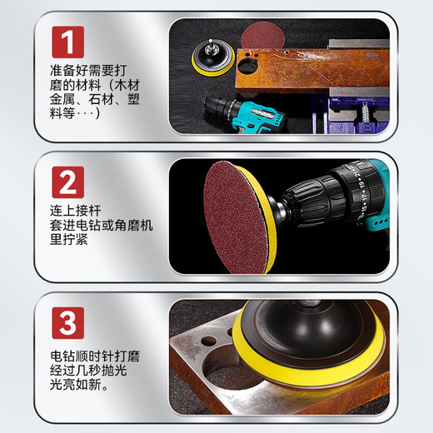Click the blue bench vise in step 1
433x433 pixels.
coord(358,100)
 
